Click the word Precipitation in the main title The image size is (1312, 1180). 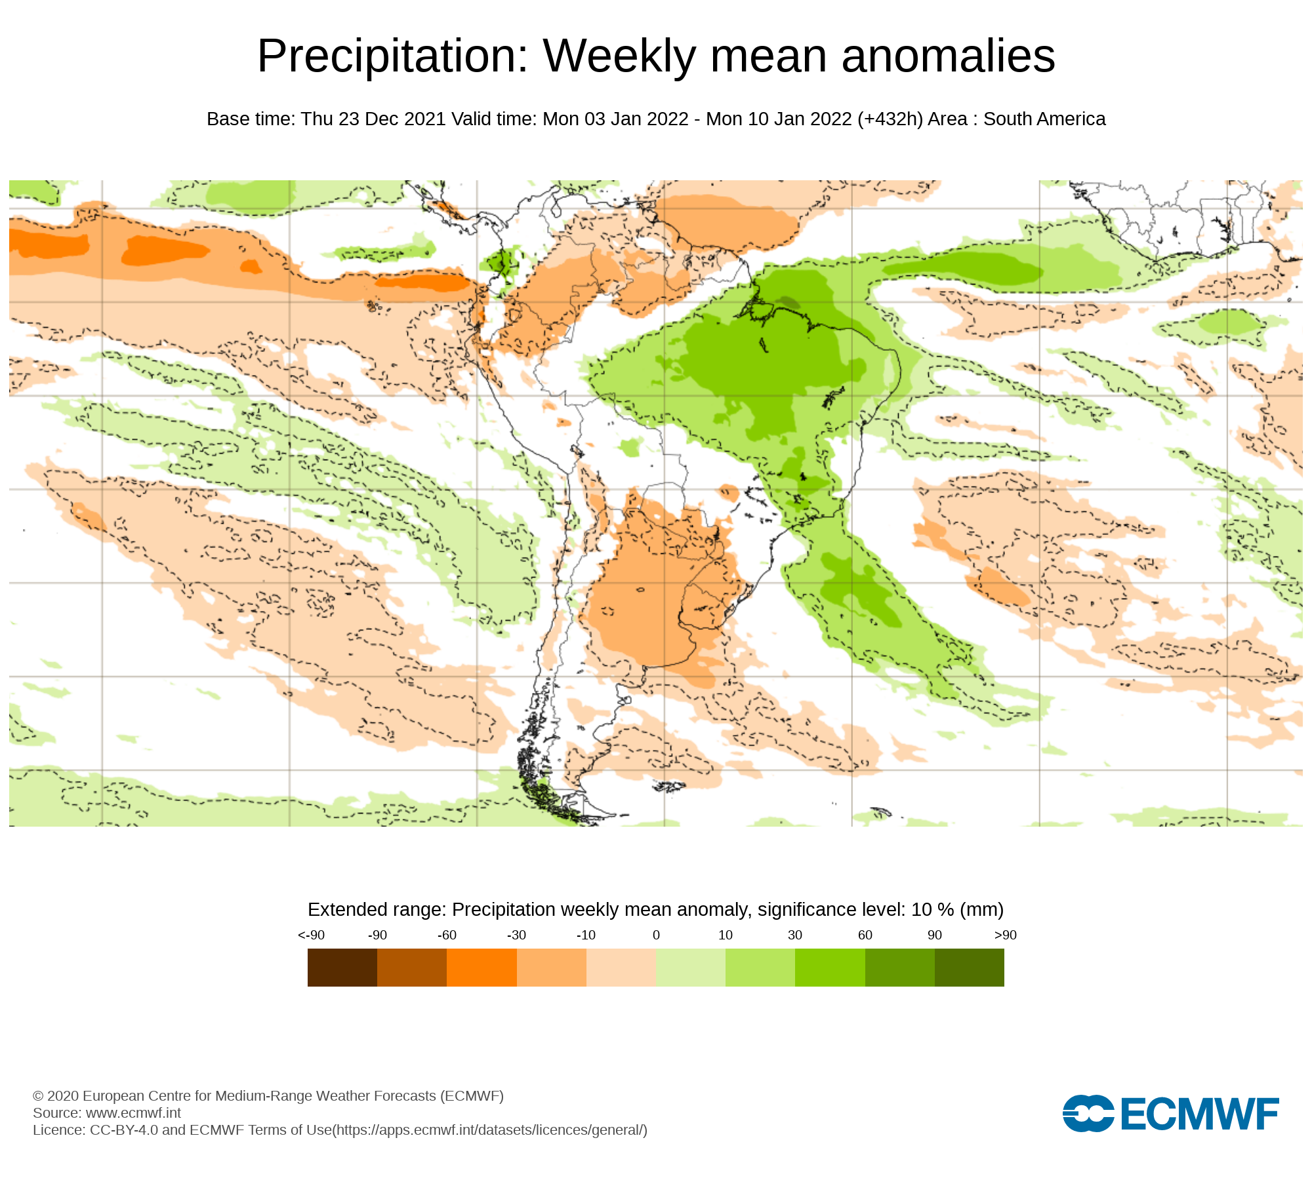click(392, 56)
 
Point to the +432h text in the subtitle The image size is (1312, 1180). click(890, 119)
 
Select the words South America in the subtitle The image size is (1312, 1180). click(1044, 119)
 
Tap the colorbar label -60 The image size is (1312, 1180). click(447, 935)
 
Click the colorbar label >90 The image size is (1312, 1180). click(1005, 935)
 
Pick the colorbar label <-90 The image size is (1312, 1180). click(311, 935)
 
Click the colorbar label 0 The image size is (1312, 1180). click(656, 935)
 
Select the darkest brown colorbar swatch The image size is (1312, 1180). click(342, 968)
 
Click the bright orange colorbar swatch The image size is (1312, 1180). click(482, 968)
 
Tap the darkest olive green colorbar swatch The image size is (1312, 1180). click(970, 968)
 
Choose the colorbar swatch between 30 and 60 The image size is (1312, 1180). click(830, 968)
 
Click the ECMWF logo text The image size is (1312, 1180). click(1200, 1114)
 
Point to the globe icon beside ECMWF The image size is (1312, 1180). click(1088, 1113)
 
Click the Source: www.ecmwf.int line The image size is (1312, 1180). click(107, 1113)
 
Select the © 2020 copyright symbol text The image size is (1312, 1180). click(38, 1096)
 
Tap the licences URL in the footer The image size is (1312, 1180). click(490, 1130)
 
